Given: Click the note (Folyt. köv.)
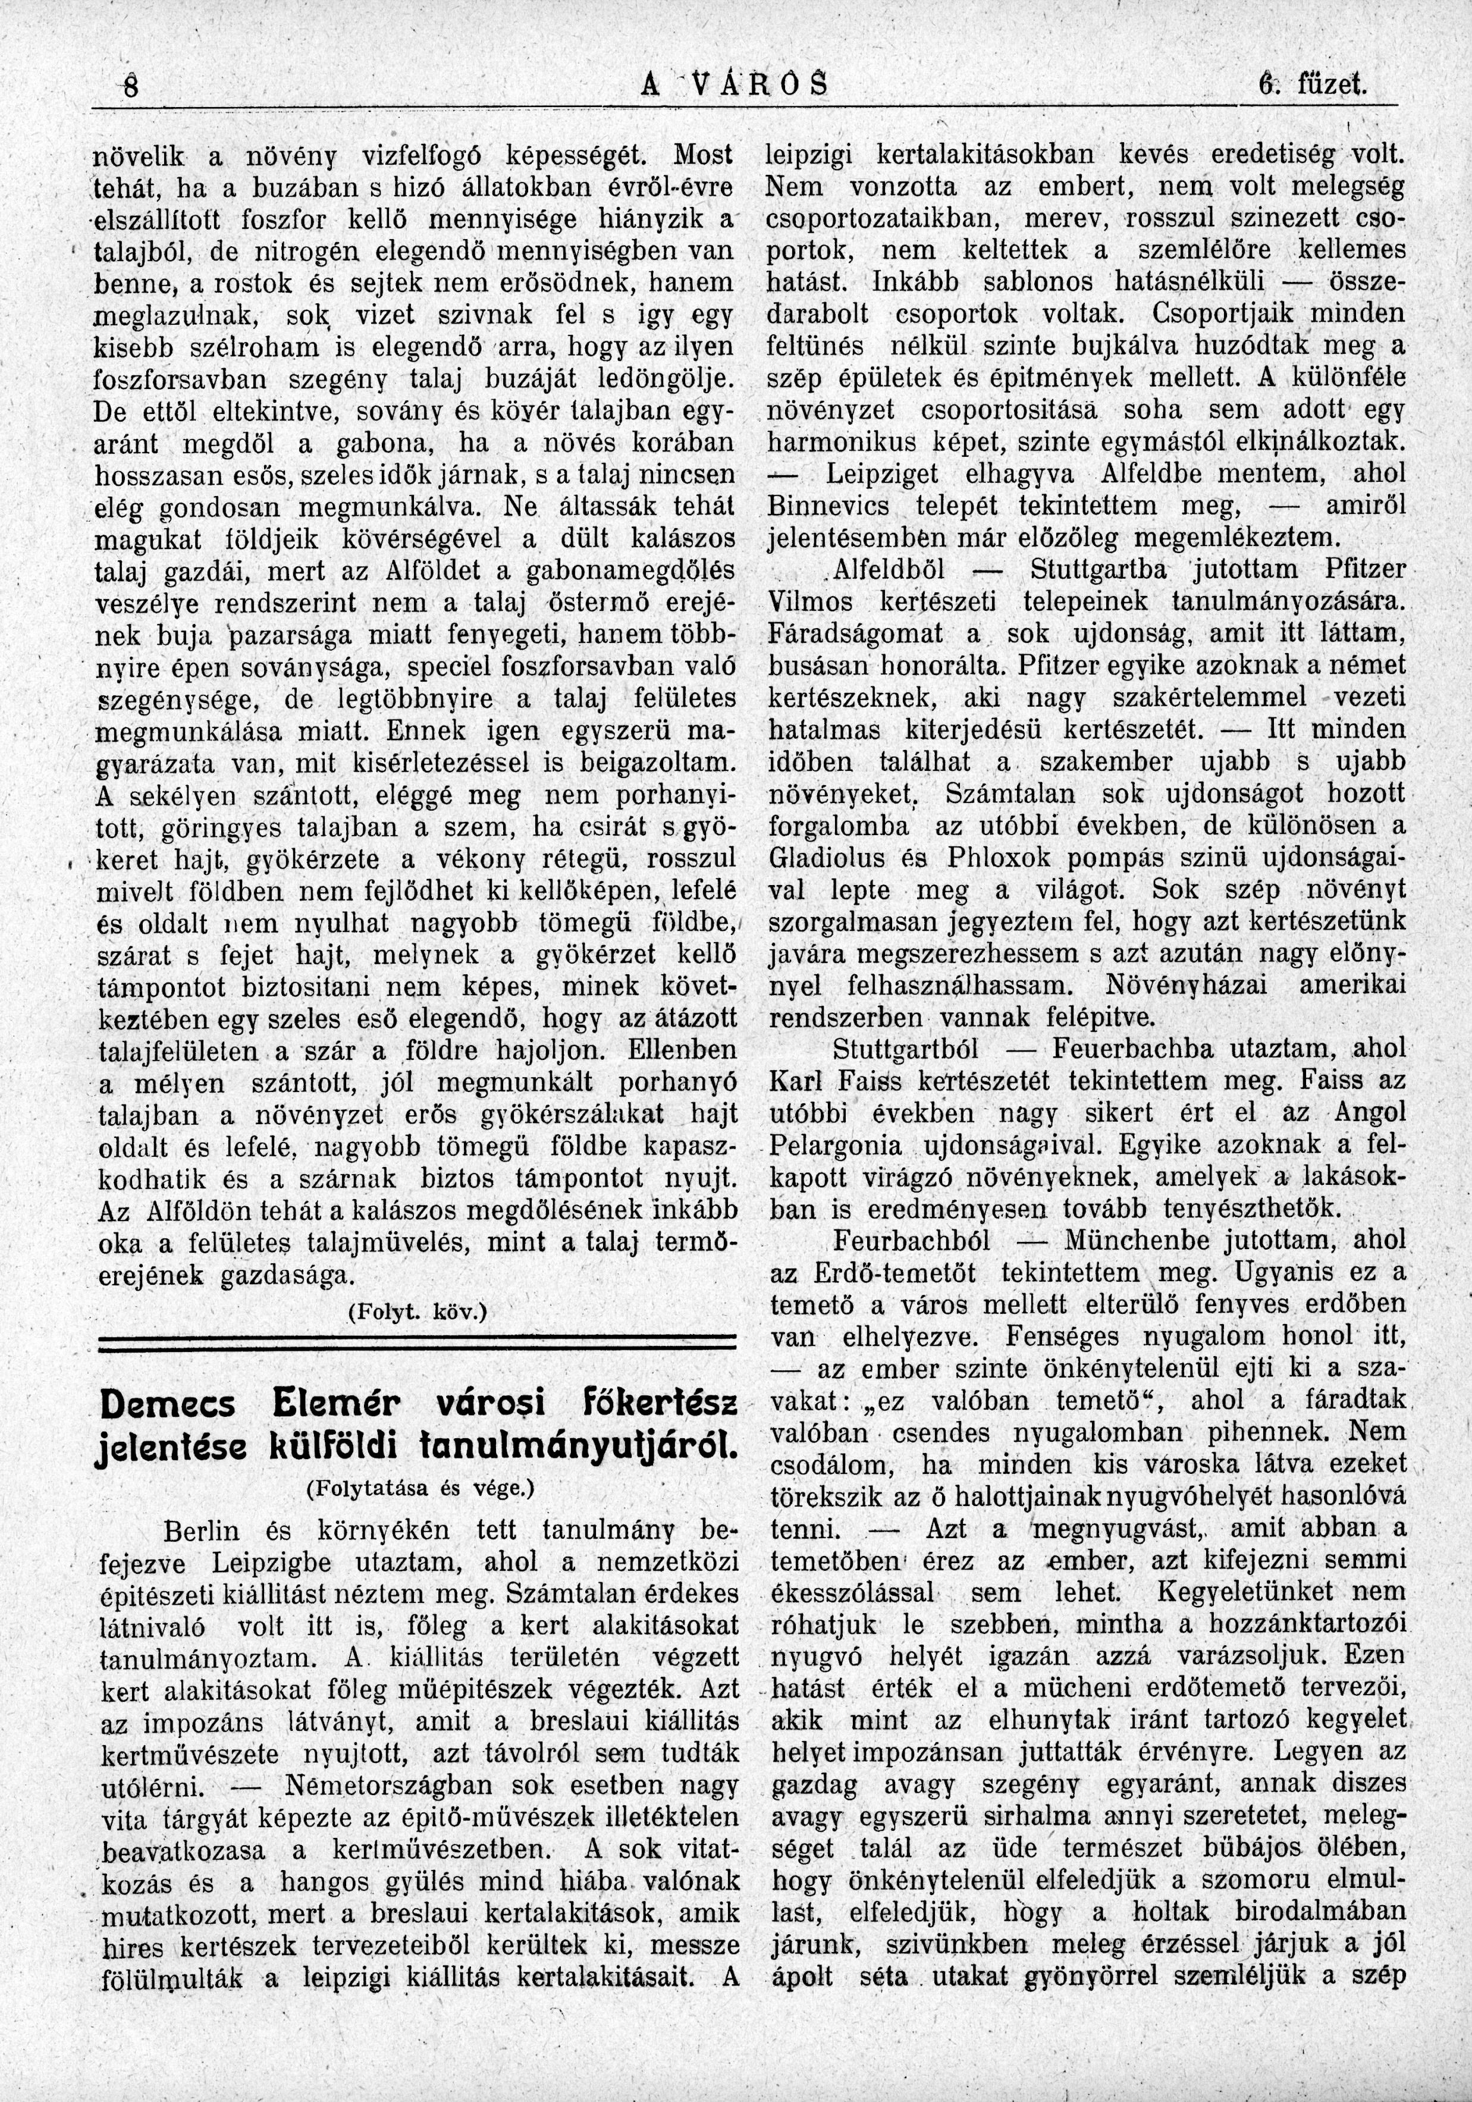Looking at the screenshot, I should pyautogui.click(x=418, y=1310).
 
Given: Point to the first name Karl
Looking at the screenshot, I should pyautogui.click(x=793, y=1081).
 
